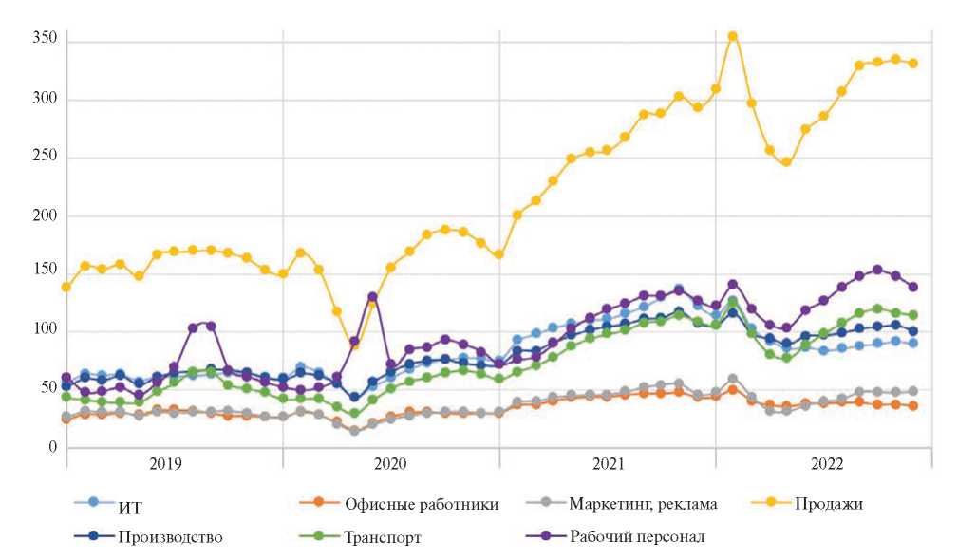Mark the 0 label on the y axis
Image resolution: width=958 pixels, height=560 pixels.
tap(52, 448)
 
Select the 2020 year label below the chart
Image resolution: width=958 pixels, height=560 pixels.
tap(390, 465)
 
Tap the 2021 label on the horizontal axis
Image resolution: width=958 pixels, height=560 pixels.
tap(608, 465)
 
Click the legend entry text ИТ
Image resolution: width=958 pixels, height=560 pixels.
tap(130, 504)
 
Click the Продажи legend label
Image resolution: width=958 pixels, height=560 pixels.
tap(828, 504)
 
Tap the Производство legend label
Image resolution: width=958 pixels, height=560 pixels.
tap(170, 536)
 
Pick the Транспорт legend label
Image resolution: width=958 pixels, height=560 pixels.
tap(383, 537)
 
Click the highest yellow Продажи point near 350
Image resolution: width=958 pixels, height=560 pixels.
tap(732, 36)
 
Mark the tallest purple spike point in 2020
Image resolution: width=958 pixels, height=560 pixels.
tap(372, 297)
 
